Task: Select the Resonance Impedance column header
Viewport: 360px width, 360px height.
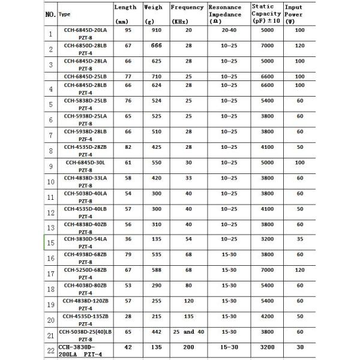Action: point(226,13)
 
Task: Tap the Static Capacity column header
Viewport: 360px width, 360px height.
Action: point(265,13)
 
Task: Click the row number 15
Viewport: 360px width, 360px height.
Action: point(51,242)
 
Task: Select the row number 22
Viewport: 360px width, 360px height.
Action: point(51,350)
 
